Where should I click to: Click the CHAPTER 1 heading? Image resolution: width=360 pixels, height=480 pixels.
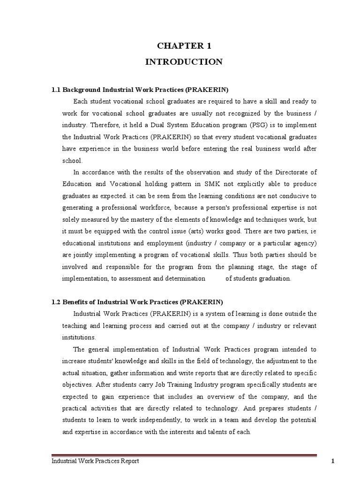pyautogui.click(x=184, y=46)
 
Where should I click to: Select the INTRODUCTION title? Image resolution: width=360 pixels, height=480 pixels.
pyautogui.click(x=184, y=61)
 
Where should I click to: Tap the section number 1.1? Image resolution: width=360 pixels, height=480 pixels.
pyautogui.click(x=56, y=89)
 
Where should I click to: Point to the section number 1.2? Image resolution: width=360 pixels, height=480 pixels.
pyautogui.click(x=56, y=301)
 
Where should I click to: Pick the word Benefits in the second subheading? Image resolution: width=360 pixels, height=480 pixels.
pyautogui.click(x=76, y=301)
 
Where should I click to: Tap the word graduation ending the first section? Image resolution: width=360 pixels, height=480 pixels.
pyautogui.click(x=276, y=278)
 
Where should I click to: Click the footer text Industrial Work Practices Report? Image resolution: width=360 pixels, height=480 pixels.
pyautogui.click(x=95, y=462)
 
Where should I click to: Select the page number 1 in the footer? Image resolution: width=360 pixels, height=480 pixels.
pyautogui.click(x=332, y=462)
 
